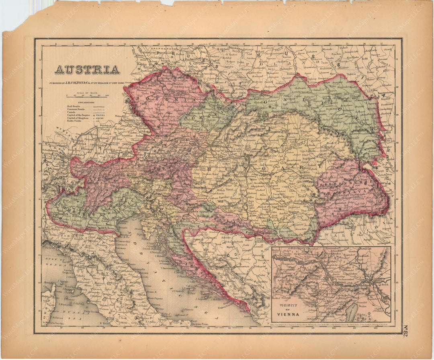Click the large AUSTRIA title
point(87,70)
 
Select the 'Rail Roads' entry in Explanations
point(74,106)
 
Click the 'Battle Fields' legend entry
point(75,122)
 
